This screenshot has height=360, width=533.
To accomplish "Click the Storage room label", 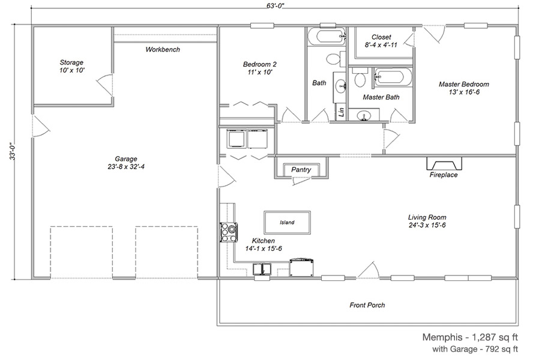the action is coord(71,66).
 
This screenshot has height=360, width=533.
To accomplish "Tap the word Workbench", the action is coord(163,50).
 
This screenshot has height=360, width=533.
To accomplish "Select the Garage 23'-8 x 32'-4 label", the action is coord(126,163).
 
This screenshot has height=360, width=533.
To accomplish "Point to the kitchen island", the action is coord(288,223).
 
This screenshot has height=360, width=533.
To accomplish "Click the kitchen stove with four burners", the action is coord(228,232).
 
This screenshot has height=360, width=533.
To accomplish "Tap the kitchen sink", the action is coord(262,269).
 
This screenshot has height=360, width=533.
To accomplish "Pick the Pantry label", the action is coord(301,170).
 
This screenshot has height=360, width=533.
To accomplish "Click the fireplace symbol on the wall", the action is coord(444,164).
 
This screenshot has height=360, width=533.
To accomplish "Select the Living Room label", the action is coord(427,221).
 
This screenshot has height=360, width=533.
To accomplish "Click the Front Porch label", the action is coord(367,305).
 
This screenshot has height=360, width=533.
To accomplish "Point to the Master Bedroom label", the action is coord(463,88).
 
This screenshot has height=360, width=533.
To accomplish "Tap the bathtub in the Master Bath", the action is coord(393,76).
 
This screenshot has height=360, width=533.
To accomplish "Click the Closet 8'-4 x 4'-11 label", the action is coord(381,41).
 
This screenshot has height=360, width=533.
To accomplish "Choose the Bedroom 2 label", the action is coord(260,68).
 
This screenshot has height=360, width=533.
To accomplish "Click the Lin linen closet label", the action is coord(342,111).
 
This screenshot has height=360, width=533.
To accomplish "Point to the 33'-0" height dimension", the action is coord(13,151).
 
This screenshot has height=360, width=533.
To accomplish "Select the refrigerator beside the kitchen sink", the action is coord(301,268).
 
